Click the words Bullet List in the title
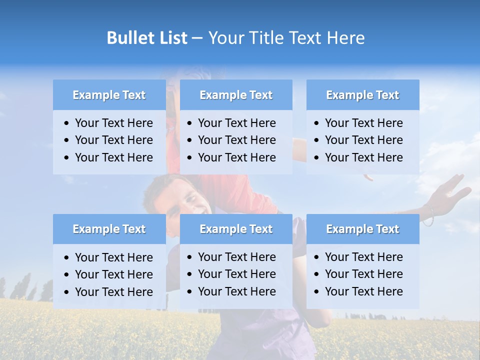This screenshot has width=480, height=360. click(x=146, y=38)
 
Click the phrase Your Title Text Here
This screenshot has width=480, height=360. click(x=286, y=38)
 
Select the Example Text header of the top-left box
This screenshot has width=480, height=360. click(x=109, y=95)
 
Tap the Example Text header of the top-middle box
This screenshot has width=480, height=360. click(x=236, y=95)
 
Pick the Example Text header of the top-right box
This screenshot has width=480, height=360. click(x=362, y=95)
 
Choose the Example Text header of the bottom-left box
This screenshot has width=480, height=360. click(x=109, y=229)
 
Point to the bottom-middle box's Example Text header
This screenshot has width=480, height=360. click(x=236, y=229)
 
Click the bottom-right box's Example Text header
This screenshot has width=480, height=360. click(x=362, y=229)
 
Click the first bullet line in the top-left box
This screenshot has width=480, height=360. click(x=113, y=123)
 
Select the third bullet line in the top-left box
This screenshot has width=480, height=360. click(x=113, y=157)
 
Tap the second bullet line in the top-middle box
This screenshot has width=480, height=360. click(x=236, y=140)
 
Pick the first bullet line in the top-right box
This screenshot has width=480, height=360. click(x=363, y=123)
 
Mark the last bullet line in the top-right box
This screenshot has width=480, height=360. click(x=363, y=157)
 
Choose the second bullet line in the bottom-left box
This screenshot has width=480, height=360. click(x=113, y=274)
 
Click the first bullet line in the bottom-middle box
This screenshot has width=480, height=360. click(x=236, y=257)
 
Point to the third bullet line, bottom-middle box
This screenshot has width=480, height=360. click(x=236, y=291)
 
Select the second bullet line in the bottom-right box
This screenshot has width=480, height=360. click(x=363, y=274)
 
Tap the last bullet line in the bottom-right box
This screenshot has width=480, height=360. click(x=363, y=291)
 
